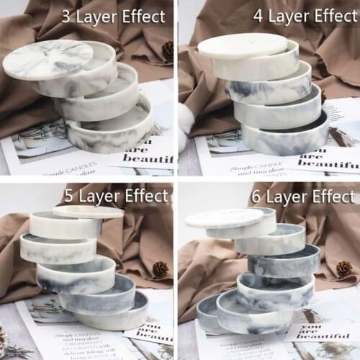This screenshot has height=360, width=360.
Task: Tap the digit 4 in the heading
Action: click(257, 15)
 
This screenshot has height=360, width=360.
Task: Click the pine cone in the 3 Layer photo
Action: click(168, 50)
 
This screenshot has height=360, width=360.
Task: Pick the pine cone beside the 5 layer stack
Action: click(160, 269)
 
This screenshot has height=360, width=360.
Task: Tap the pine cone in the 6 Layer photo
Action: click(345, 269)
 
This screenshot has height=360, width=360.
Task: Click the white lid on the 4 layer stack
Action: click(242, 45)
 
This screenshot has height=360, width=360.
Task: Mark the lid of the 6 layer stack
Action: click(224, 217)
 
